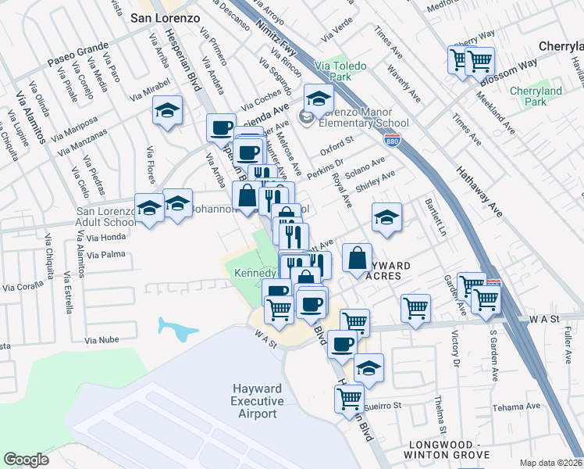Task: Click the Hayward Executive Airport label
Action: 257,401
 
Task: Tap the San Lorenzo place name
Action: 165,16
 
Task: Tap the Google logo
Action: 26,460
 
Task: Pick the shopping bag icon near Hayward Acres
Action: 357,258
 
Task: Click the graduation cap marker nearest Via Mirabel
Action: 167,111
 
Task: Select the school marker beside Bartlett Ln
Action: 386,218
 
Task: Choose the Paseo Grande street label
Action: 74,53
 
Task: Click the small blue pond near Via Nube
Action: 176,329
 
